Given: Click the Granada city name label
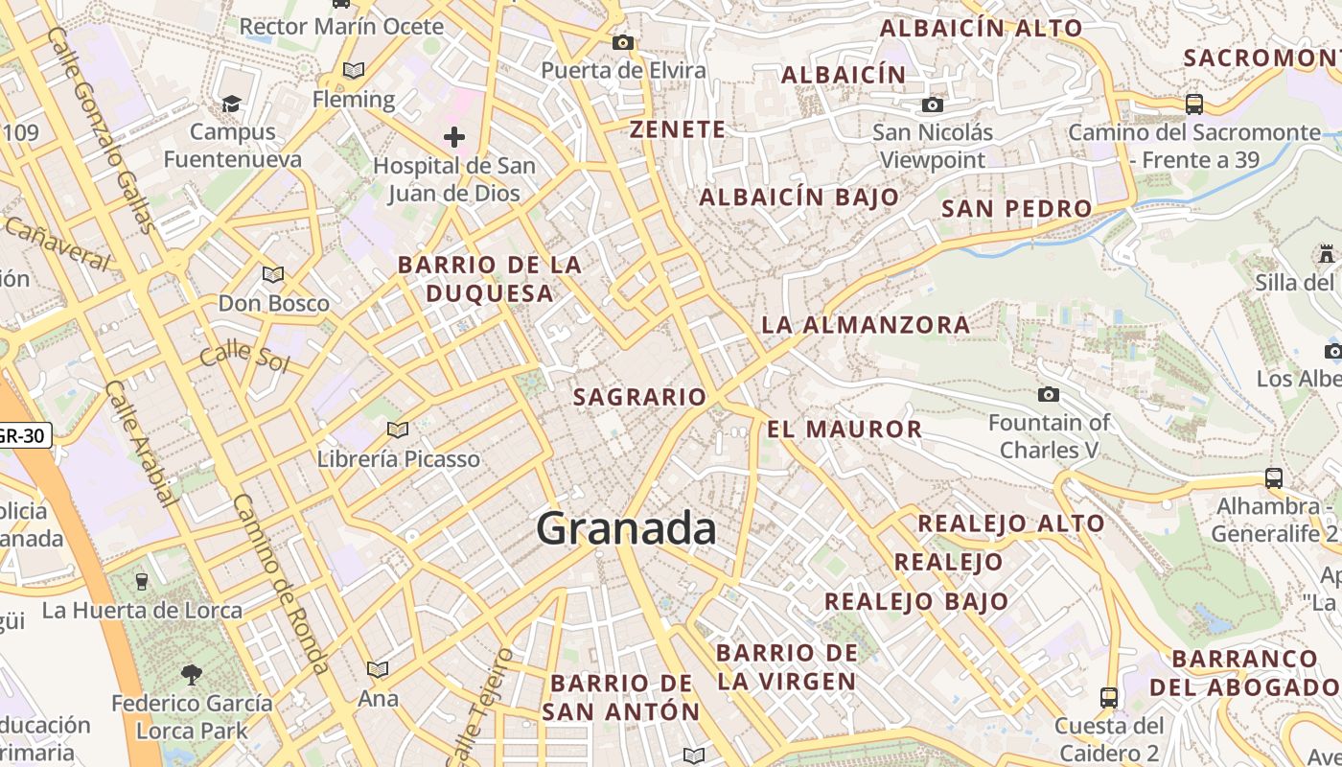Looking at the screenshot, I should [626, 528].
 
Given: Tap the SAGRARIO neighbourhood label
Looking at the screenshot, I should [639, 396].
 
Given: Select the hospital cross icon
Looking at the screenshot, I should [454, 137].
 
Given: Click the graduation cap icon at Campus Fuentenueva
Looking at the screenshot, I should [231, 103].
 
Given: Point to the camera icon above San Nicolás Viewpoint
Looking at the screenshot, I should [933, 105].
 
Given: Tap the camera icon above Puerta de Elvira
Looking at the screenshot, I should [623, 42].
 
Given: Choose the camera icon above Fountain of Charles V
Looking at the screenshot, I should [1049, 394].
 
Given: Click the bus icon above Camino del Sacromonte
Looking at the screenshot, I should [1194, 104].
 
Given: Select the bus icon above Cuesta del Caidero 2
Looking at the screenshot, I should [1109, 697].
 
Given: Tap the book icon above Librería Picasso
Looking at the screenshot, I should [398, 430].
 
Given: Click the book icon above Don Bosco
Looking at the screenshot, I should [273, 274].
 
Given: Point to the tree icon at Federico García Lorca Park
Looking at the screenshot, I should [192, 674].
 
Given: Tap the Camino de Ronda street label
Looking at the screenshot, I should [282, 585].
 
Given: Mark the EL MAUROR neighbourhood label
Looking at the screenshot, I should [845, 429].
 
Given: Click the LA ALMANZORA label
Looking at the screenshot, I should [866, 324].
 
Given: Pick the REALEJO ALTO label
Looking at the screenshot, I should [1011, 523].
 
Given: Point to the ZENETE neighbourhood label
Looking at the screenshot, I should [677, 129].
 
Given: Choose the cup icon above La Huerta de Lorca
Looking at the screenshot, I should [142, 581].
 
